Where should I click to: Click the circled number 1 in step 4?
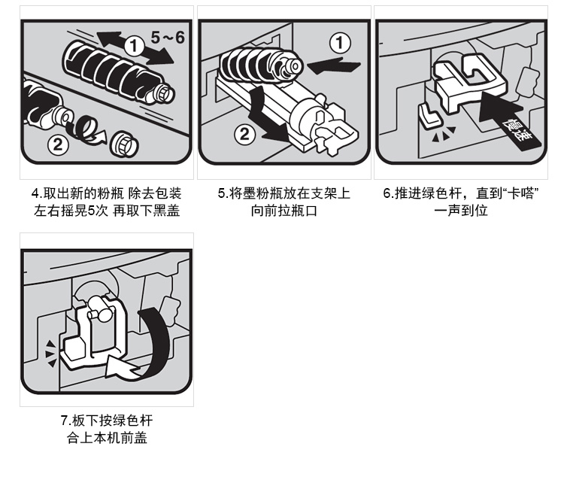[x=134, y=46]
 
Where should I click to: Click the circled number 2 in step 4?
[x=58, y=144]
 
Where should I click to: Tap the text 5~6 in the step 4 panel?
[x=168, y=38]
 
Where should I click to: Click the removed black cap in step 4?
[x=124, y=144]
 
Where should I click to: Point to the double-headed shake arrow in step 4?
[x=135, y=47]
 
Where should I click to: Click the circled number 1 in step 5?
[x=340, y=43]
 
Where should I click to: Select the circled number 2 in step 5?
[x=244, y=134]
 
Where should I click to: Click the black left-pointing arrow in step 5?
[x=335, y=66]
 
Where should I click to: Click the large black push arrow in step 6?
[x=505, y=118]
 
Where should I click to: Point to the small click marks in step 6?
[x=444, y=134]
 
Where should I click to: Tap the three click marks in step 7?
[x=50, y=354]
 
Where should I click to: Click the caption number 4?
[x=35, y=193]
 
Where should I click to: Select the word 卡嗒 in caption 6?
[x=520, y=193]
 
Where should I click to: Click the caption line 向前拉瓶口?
[x=284, y=211]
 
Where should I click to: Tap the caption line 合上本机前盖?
[x=107, y=438]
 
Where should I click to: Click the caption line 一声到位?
[x=461, y=211]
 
